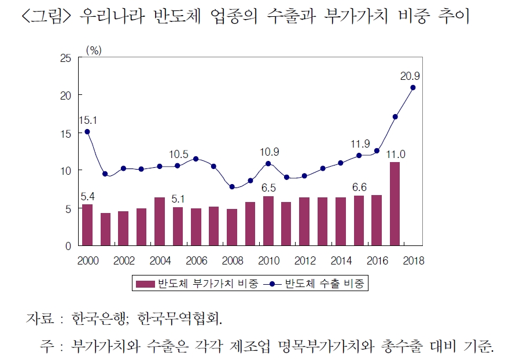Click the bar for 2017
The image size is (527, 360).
(x=395, y=204)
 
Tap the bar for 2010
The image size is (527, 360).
(x=268, y=221)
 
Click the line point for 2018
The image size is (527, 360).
(x=413, y=87)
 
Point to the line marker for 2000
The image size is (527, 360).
(x=87, y=131)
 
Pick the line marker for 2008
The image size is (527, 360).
(x=232, y=187)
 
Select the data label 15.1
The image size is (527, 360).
(x=87, y=120)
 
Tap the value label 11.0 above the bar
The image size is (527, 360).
(x=395, y=154)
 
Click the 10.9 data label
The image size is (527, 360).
(x=268, y=152)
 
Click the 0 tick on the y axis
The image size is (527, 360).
(x=69, y=246)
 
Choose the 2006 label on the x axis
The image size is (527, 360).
(x=196, y=260)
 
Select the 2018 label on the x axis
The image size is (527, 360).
(x=412, y=260)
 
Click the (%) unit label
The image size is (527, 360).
(x=93, y=50)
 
